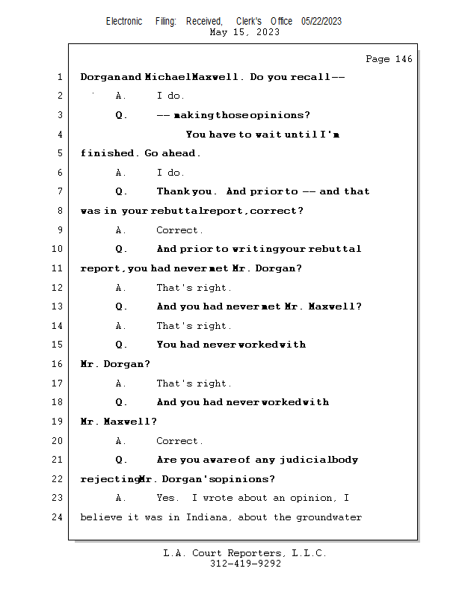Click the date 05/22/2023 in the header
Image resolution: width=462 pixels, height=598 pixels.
point(321,21)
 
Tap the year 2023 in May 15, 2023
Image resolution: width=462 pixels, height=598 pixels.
point(266,32)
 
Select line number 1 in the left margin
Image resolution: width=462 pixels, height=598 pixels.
point(59,77)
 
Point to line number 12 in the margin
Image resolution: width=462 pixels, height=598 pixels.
point(58,288)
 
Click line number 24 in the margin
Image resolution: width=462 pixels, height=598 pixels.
point(58,517)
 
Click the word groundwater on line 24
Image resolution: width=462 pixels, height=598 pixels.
point(329,517)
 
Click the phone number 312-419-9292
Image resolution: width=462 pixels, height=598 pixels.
point(245,564)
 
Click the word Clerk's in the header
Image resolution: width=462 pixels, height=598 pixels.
point(249,21)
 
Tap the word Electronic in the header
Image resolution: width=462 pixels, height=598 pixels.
point(124,21)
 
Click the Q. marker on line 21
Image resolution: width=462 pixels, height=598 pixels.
point(121,460)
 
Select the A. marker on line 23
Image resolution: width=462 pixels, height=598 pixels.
point(121,498)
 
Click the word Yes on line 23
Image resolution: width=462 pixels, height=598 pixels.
point(167,498)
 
